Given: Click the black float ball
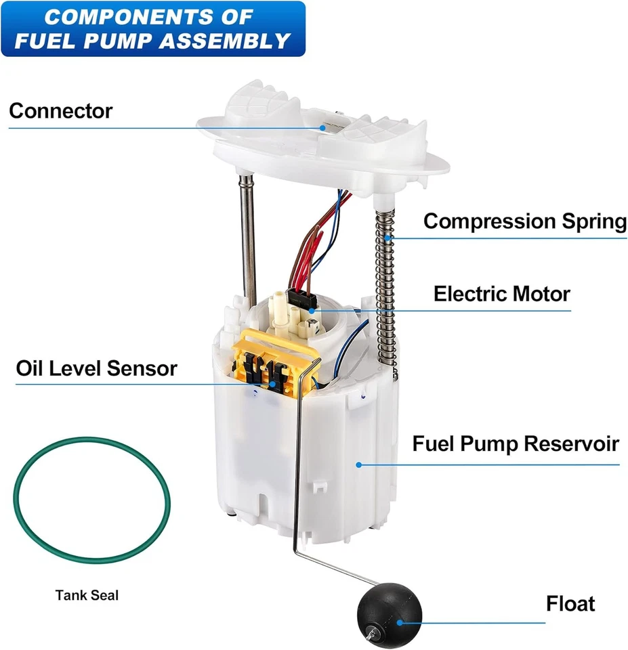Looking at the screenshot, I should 389,612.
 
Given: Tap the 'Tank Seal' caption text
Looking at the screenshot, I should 87,596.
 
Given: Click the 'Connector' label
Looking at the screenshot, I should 60,110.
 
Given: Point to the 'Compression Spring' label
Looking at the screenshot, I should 525,221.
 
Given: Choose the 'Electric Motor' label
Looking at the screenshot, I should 501,294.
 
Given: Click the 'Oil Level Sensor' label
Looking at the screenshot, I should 96,368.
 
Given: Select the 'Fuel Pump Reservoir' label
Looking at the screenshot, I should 516,444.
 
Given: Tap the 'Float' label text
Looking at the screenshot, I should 570,603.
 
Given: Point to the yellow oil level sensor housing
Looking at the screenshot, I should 271,362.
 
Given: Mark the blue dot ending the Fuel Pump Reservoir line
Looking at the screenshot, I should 359,464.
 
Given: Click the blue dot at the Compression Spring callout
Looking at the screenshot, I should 388,238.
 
